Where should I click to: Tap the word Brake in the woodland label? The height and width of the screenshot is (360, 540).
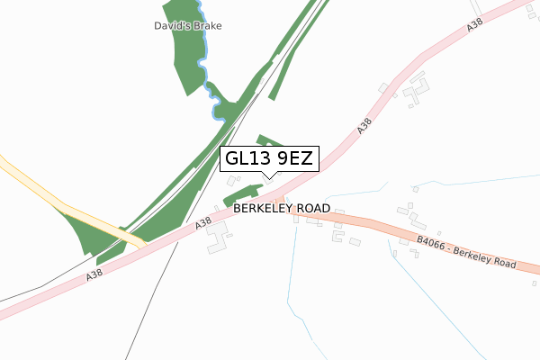click(x=206, y=26)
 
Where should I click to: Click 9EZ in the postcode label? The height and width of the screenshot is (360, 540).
click(x=292, y=159)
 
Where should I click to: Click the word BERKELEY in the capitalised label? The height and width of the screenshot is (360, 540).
click(x=264, y=208)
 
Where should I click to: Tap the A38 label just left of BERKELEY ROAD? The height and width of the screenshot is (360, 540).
click(x=203, y=221)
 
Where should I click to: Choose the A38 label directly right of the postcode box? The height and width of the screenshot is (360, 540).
click(x=364, y=128)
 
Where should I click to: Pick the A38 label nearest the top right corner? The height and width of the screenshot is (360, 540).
click(x=474, y=29)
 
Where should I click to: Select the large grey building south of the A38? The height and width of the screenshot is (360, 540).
click(x=217, y=238)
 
